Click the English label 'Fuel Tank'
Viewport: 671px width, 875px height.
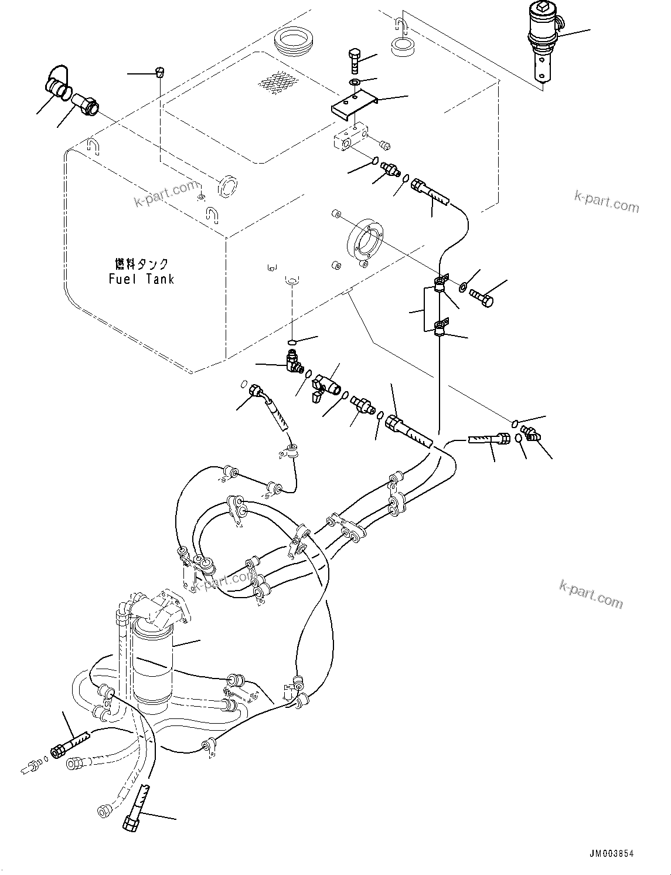tap(141, 279)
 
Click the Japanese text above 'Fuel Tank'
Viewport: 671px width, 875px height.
tap(141, 264)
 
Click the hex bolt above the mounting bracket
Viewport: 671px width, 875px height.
tap(354, 59)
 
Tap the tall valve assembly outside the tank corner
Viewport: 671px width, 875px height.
tap(543, 40)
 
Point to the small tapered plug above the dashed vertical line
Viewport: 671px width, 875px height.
tap(159, 73)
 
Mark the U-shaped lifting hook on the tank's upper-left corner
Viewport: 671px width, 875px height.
tap(91, 145)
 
